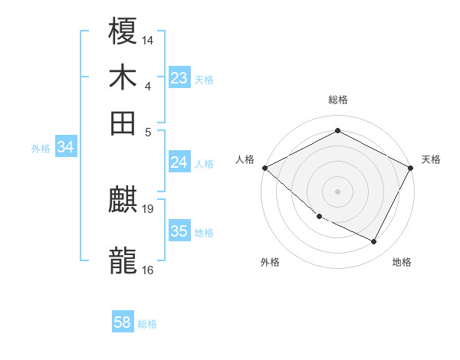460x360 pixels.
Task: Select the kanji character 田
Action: [x=123, y=123]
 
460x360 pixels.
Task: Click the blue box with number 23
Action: [x=179, y=78]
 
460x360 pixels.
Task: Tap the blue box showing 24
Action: [x=179, y=162]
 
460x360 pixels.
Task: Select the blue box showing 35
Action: [x=179, y=231]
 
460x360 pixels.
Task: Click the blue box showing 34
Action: [x=65, y=148]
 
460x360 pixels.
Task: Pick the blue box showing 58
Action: [x=122, y=322]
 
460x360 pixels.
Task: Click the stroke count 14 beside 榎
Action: [x=148, y=38]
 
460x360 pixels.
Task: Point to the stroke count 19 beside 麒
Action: [x=148, y=208]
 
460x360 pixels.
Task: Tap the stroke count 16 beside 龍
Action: [x=148, y=269]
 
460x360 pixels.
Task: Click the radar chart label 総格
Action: [x=337, y=100]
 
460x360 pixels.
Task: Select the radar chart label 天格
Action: [x=431, y=159]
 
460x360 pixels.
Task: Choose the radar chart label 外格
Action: [x=270, y=262]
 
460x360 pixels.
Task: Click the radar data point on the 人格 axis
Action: [x=264, y=168]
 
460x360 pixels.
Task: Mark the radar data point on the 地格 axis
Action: [x=374, y=242]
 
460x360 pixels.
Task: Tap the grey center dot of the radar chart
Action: [x=337, y=191]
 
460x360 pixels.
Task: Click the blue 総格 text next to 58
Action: [x=147, y=324]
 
